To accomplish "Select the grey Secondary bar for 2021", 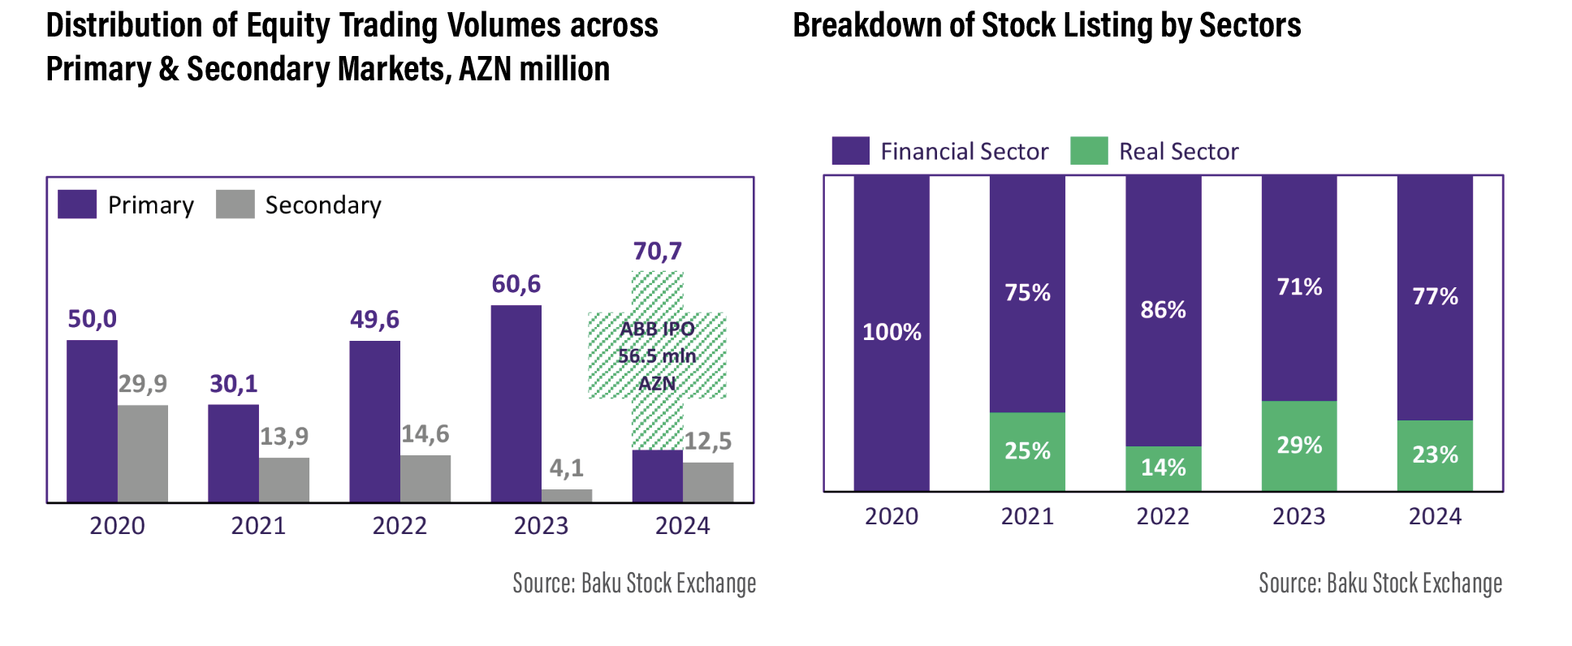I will pyautogui.click(x=284, y=480).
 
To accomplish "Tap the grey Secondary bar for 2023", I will pyautogui.click(x=567, y=496).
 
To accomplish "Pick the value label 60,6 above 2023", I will pyautogui.click(x=516, y=284).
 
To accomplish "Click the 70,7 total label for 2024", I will pyautogui.click(x=657, y=252).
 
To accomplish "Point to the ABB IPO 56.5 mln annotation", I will pyautogui.click(x=657, y=356).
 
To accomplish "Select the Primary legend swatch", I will pyautogui.click(x=77, y=205).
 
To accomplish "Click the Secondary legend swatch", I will pyautogui.click(x=235, y=205).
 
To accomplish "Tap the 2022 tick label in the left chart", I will pyautogui.click(x=399, y=526).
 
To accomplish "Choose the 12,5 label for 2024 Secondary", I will pyautogui.click(x=707, y=441).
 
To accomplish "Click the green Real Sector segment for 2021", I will pyautogui.click(x=1027, y=451).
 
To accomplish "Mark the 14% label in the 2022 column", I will pyautogui.click(x=1163, y=467).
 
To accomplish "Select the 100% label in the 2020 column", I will pyautogui.click(x=892, y=332).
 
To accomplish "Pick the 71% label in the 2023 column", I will pyautogui.click(x=1299, y=286).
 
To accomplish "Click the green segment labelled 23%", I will pyautogui.click(x=1435, y=455).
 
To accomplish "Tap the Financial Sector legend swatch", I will pyautogui.click(x=850, y=151).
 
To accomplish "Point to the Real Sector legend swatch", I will pyautogui.click(x=1089, y=151).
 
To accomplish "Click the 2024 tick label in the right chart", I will pyautogui.click(x=1435, y=517).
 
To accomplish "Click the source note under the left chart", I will pyautogui.click(x=634, y=584).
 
